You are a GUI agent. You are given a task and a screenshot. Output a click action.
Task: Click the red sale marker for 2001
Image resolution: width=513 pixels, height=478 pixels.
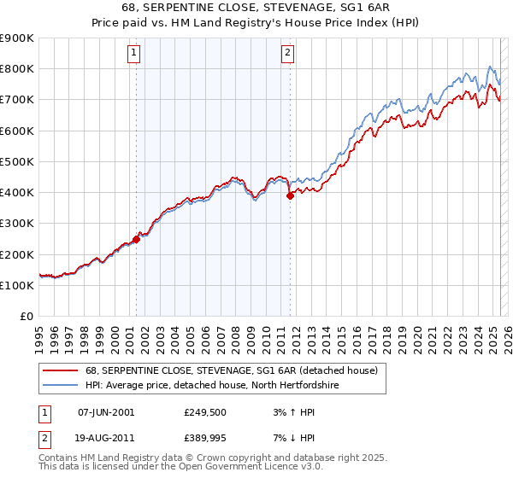point(136,239)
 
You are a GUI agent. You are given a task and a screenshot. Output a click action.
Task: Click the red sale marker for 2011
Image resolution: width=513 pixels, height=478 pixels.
point(290,195)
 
